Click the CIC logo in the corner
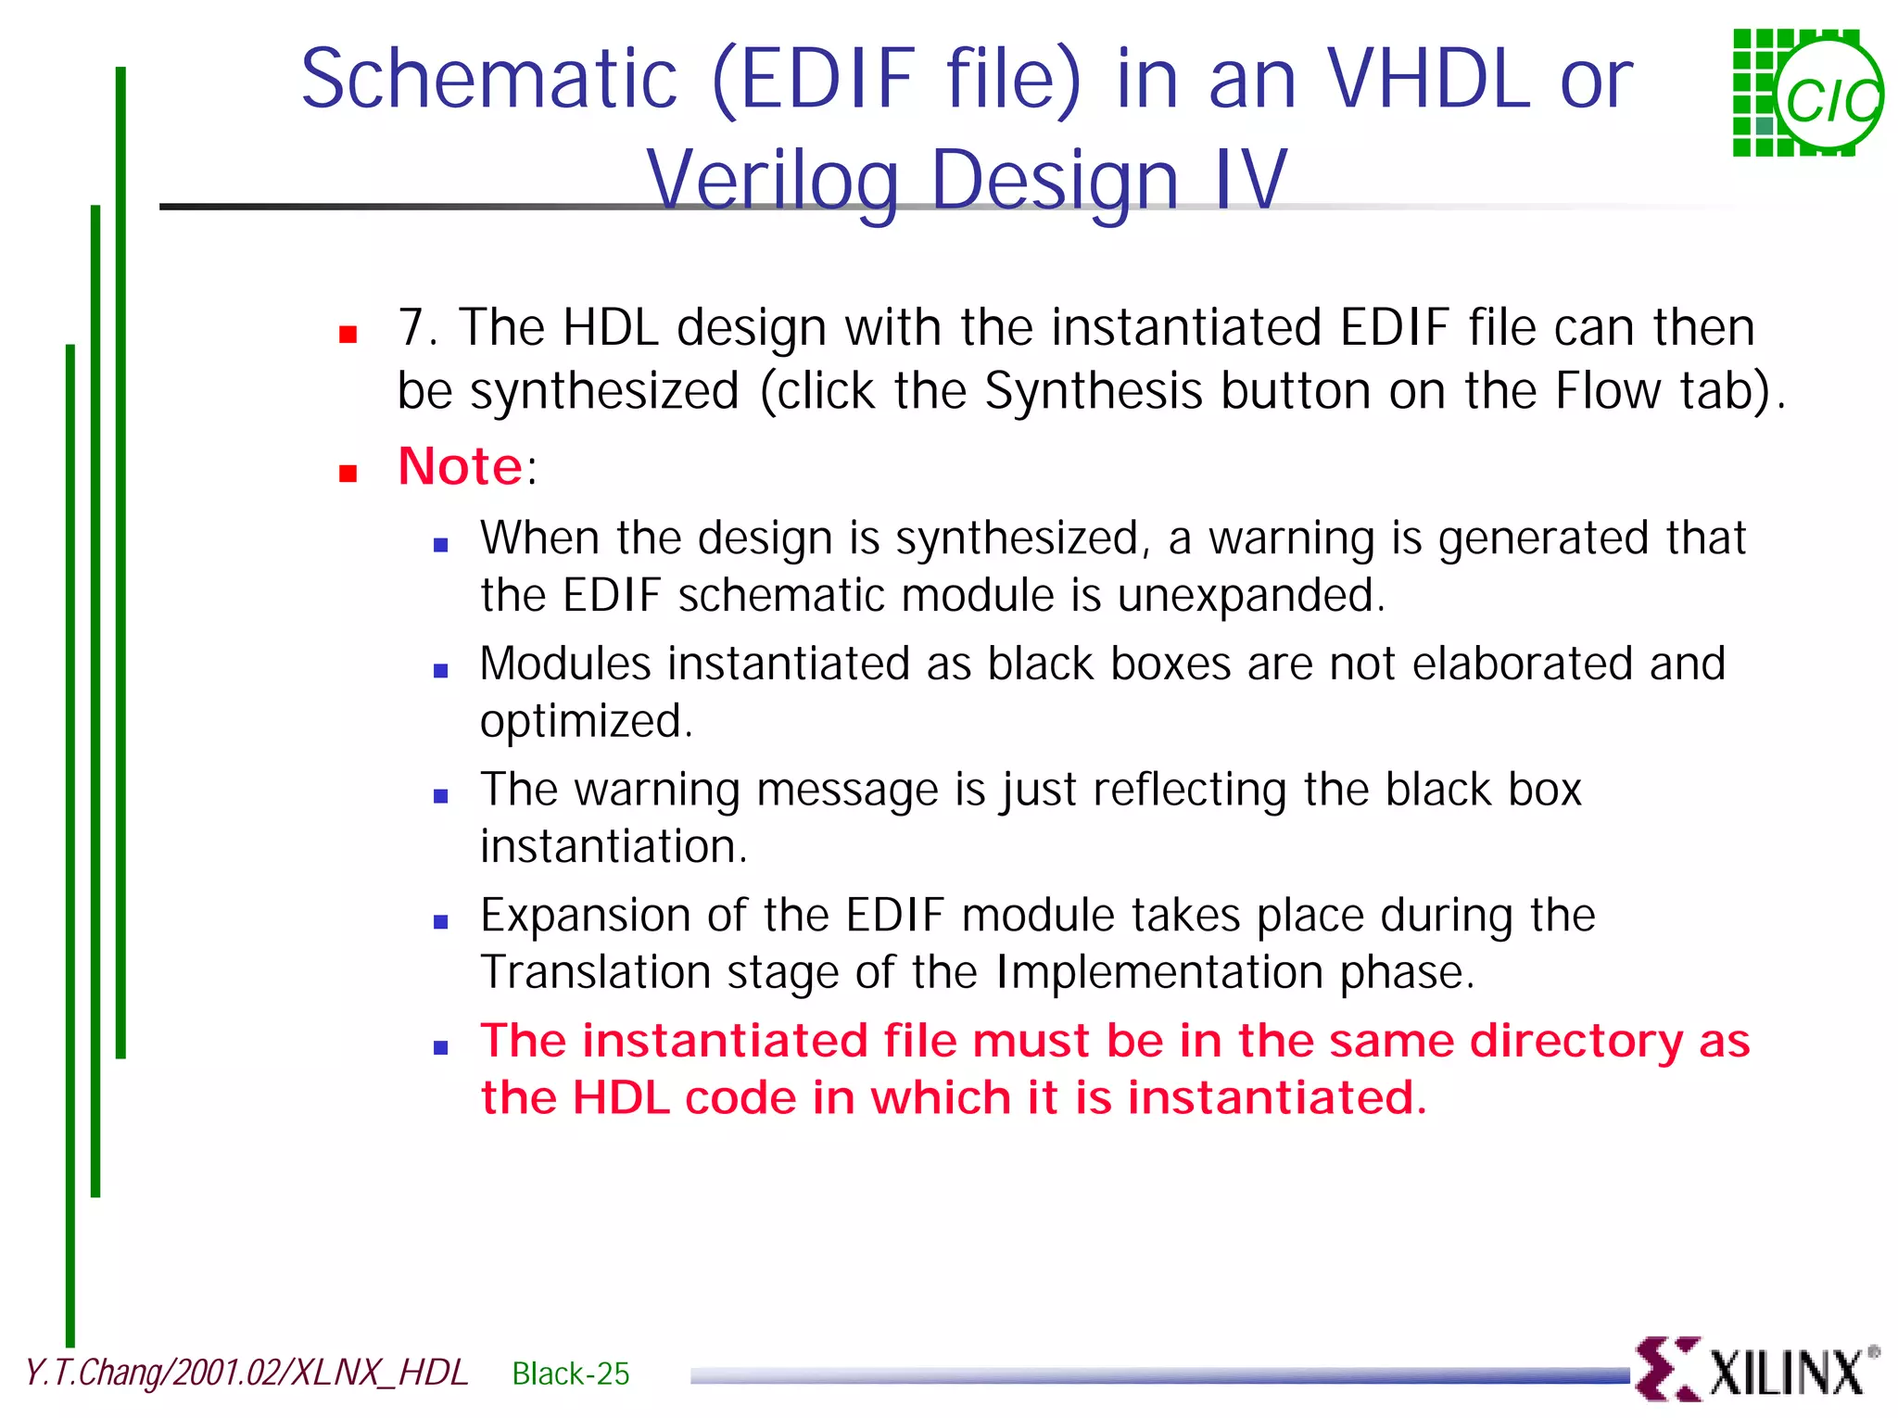(1807, 93)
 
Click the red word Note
(460, 466)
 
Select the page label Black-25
(570, 1374)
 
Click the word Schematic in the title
(489, 80)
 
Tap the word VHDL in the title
(1429, 80)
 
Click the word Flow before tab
(1607, 391)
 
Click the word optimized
(585, 722)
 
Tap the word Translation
(594, 973)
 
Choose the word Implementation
(1158, 973)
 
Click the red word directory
(1575, 1041)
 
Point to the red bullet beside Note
(348, 475)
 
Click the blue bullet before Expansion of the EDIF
(441, 921)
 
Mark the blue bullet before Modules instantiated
(441, 670)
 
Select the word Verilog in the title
(772, 180)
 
